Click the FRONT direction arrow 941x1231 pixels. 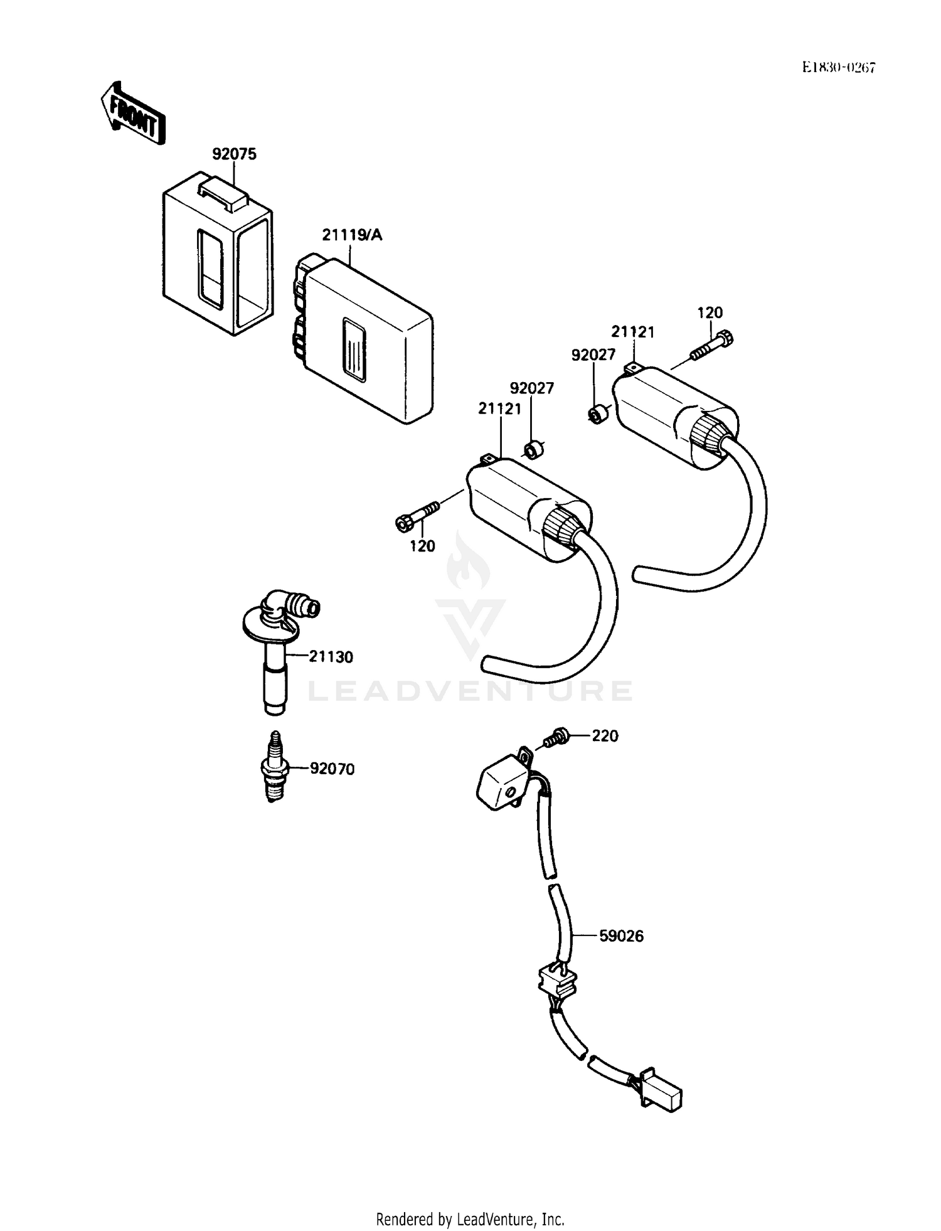click(x=132, y=114)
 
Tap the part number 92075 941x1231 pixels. click(x=234, y=154)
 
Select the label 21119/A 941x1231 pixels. click(x=352, y=235)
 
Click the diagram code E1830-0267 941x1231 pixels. click(x=838, y=68)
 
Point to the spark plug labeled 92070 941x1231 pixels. click(x=274, y=767)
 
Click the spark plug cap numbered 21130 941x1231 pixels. click(x=277, y=653)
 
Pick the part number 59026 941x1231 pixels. click(x=621, y=936)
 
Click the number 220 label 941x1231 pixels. click(x=605, y=736)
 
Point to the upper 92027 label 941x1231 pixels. click(x=593, y=355)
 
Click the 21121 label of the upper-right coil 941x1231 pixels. click(x=633, y=332)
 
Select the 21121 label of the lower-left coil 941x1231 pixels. click(x=500, y=409)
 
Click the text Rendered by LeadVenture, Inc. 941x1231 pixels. click(x=470, y=1220)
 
